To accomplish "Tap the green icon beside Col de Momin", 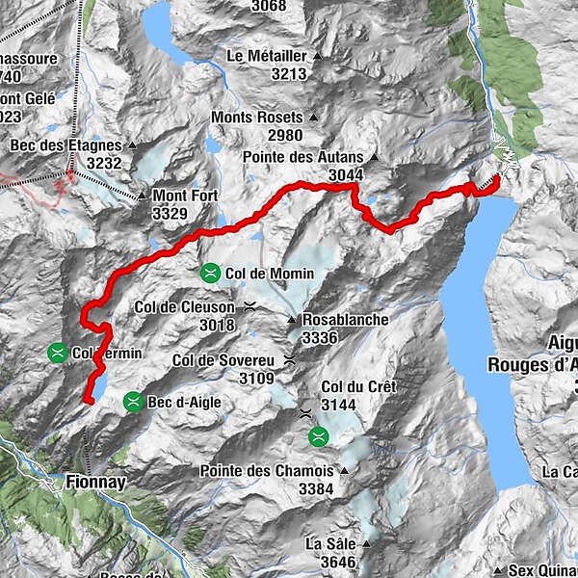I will click(209, 274).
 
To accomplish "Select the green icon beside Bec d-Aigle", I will click(132, 402).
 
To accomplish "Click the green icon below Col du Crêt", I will click(318, 437).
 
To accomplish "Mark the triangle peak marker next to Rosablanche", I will click(292, 320).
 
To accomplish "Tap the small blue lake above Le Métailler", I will click(159, 29).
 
